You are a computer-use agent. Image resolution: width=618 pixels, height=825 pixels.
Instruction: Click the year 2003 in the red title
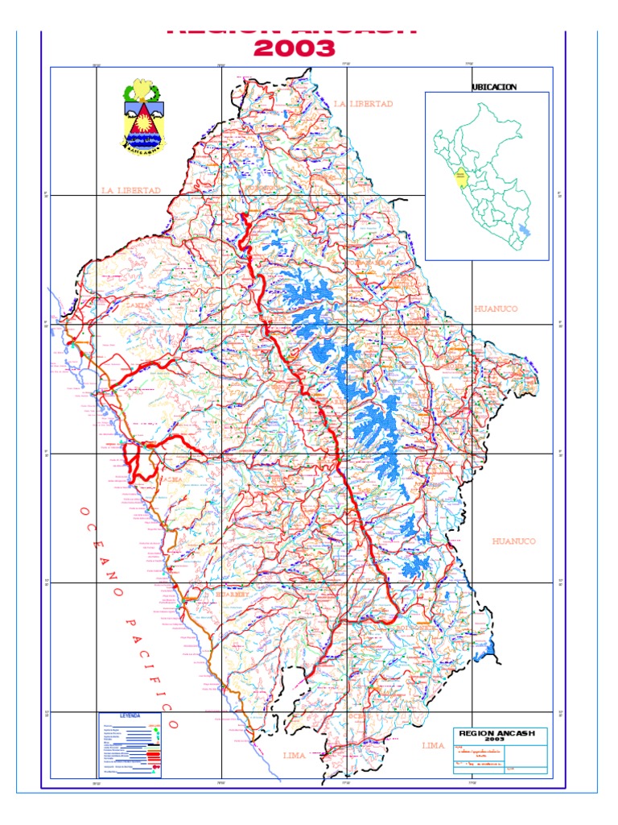[x=294, y=49]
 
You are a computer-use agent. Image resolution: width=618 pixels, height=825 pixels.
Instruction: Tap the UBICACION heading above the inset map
[x=493, y=86]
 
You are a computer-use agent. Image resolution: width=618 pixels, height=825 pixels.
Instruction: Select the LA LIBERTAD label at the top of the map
[x=364, y=104]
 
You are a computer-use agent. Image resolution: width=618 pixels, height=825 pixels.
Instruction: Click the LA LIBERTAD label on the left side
[x=131, y=190]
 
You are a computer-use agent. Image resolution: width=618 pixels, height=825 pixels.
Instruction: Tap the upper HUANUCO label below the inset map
[x=496, y=309]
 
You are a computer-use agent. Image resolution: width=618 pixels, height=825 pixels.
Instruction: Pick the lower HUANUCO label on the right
[x=513, y=541]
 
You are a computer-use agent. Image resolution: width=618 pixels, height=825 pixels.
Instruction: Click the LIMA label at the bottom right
[x=433, y=745]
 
